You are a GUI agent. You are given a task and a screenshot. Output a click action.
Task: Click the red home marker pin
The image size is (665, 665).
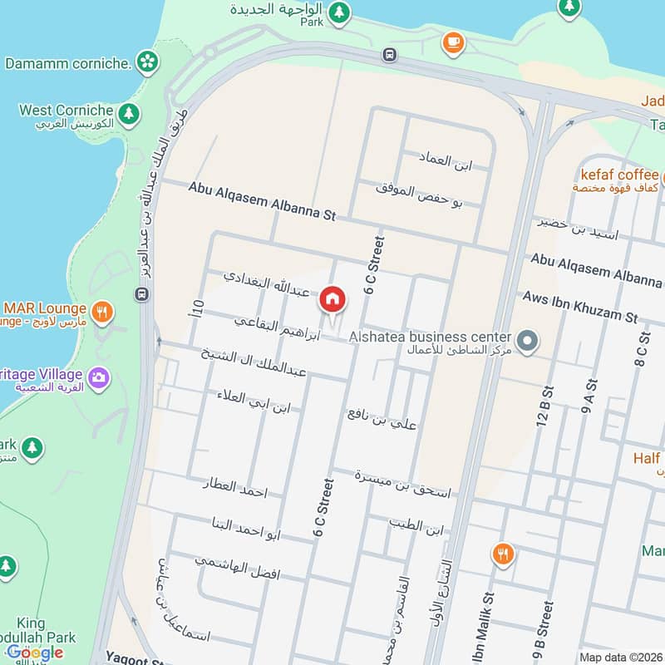coord(332,298)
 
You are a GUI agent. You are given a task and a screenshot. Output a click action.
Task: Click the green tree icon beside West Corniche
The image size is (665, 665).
coord(128,112)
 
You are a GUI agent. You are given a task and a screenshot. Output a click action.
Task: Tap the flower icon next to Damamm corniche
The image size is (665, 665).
coord(147,62)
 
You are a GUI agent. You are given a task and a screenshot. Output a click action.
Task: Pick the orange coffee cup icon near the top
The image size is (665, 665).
coord(453,42)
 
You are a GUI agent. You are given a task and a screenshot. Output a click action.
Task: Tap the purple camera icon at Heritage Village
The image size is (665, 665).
coord(99,377)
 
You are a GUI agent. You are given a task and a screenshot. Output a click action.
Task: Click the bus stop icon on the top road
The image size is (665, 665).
coord(389,55)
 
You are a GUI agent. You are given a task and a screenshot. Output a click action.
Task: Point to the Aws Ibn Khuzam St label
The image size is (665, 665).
coord(579,307)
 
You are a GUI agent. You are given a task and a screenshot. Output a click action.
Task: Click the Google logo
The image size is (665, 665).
coord(35,653)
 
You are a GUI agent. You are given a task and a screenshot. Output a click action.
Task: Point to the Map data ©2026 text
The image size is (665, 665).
coord(619,658)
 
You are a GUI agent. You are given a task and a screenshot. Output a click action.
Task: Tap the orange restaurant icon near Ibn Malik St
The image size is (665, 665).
coord(502,554)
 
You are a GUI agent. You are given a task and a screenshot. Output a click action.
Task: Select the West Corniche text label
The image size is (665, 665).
coord(66,111)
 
